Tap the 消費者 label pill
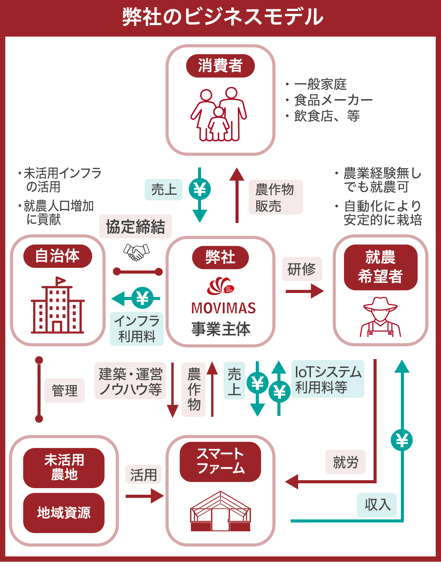[x=220, y=66]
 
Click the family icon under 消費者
[x=219, y=114]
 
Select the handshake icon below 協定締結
[x=136, y=252]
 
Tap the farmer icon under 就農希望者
[x=380, y=317]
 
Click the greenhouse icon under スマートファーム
[x=220, y=511]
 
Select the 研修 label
[x=302, y=269]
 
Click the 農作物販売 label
[x=275, y=197]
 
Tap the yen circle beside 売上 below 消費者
[x=200, y=190]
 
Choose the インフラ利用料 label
[x=137, y=329]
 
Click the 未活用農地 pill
[x=64, y=467]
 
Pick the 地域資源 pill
[x=64, y=512]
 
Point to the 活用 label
[x=143, y=475]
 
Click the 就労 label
[x=346, y=462]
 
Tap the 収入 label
[x=377, y=505]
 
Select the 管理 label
[x=64, y=390]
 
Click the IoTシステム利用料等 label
[x=328, y=379]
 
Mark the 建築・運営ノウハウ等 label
[x=130, y=381]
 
